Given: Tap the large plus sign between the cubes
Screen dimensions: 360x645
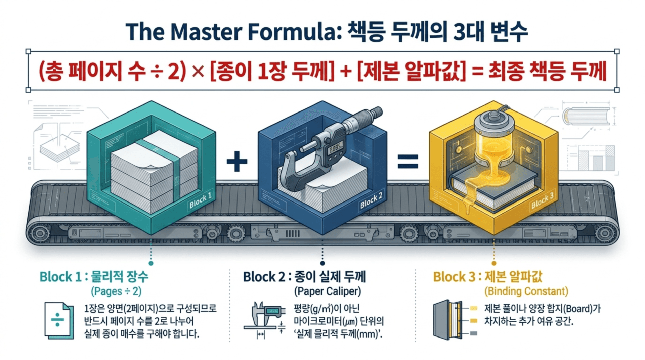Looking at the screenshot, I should point(237,162).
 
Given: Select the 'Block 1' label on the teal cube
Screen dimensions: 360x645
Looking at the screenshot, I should point(200,200).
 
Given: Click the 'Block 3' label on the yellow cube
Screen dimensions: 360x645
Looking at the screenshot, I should point(542,201).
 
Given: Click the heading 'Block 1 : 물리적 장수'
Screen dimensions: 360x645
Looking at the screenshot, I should point(94,277).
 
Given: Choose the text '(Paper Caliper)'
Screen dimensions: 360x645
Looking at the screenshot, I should point(328,291).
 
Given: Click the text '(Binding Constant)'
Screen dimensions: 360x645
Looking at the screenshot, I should point(526,291).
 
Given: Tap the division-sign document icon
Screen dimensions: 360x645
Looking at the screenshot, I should point(58,321).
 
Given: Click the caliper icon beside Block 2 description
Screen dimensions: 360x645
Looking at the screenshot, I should point(265,319).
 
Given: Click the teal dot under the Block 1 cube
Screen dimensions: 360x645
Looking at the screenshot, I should point(151,263).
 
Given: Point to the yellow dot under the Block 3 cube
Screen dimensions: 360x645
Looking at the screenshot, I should point(493,263).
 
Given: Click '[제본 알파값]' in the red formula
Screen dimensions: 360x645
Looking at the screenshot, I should point(412,71).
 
